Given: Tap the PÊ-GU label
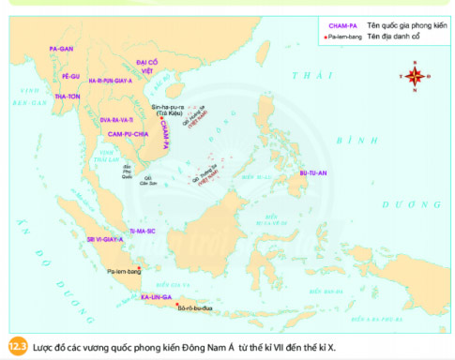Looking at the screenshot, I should (70, 73).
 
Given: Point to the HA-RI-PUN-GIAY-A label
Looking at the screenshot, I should (111, 81).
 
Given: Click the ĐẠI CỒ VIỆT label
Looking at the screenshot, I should (147, 64).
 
